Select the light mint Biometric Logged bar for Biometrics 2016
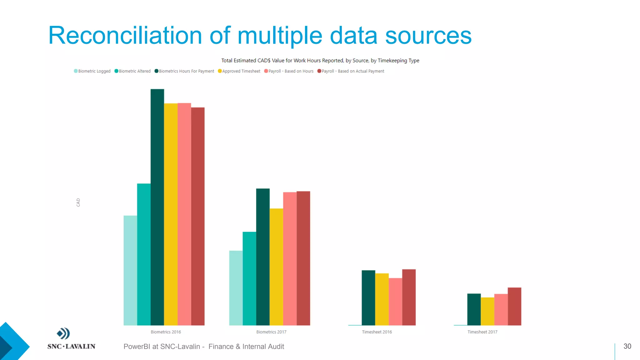tap(130, 270)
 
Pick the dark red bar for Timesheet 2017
tap(514, 306)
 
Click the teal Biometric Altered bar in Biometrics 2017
tap(249, 278)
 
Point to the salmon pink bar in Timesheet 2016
tap(395, 302)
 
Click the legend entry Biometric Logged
tap(92, 71)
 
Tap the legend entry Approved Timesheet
tap(239, 71)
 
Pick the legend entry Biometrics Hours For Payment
tap(185, 71)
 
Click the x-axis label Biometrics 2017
tap(271, 332)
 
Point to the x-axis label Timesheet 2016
tap(377, 332)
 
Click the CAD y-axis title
tap(78, 202)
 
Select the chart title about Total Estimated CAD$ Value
tap(320, 61)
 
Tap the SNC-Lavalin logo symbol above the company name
tap(63, 333)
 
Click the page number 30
tap(627, 346)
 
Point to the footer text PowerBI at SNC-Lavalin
tap(162, 347)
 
